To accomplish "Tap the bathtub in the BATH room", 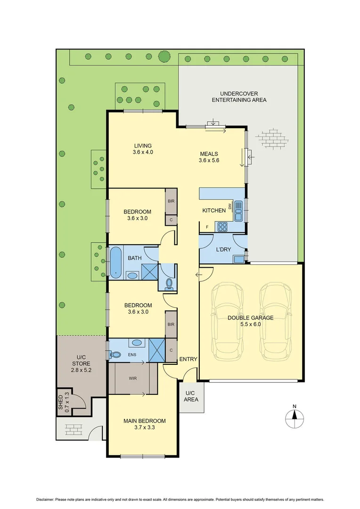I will coord(116,262).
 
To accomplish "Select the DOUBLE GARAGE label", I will coord(250,321).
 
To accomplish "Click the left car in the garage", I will coord(228,320).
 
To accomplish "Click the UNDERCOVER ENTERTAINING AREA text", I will coord(239,97).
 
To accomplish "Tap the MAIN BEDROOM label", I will coord(145,424).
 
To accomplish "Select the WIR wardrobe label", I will coord(133,378).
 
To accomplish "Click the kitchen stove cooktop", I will coord(222,227).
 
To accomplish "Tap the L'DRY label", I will coord(223,249).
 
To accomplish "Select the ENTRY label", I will coord(188,359).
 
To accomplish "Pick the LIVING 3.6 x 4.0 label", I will coord(143,149).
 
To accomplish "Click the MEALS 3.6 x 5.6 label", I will coord(209,157).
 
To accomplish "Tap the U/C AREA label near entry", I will coord(190,396).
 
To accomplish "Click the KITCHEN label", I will coord(214,210).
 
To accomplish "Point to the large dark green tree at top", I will coord(164,57).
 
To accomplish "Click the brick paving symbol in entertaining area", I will coord(271,138).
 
